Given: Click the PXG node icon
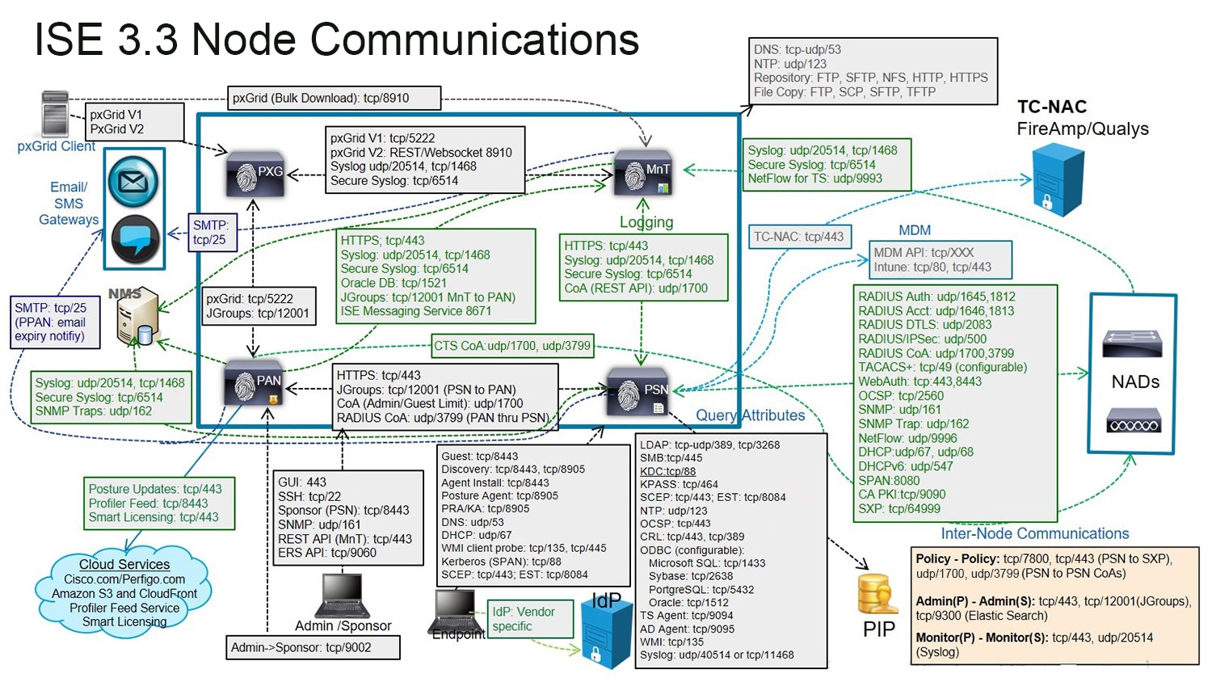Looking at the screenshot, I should click(x=256, y=173).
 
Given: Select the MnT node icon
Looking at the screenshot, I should click(x=643, y=172).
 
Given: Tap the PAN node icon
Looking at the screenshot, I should click(x=255, y=384).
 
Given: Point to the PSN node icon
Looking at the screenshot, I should click(x=639, y=392).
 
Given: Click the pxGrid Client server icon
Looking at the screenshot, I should click(x=55, y=114).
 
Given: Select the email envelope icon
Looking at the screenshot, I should click(x=133, y=181).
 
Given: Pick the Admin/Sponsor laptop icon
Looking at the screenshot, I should click(x=342, y=596).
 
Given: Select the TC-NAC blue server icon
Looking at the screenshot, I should click(x=1057, y=179).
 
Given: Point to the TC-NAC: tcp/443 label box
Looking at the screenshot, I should click(x=798, y=237).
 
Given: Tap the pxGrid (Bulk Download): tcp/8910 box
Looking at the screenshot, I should click(x=334, y=98).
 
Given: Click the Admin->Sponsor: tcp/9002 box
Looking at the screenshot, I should click(x=313, y=647).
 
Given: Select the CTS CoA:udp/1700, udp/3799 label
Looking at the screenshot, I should click(x=512, y=346).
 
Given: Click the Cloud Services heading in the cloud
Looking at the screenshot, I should click(x=124, y=564).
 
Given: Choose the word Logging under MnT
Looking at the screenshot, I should click(x=646, y=222).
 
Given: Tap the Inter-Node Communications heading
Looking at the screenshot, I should click(x=1034, y=533).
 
